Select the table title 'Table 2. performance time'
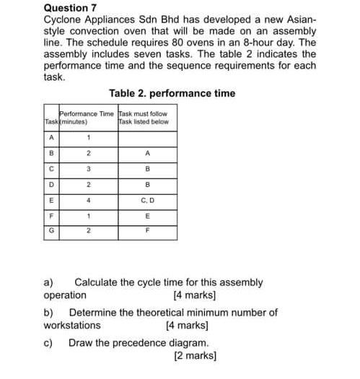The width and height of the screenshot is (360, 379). tap(172, 94)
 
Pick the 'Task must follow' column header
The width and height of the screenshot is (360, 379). tap(144, 114)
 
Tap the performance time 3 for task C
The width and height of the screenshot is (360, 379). tap(88, 168)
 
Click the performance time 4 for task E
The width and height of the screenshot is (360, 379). tap(88, 199)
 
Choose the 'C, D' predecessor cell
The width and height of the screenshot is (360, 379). tap(147, 199)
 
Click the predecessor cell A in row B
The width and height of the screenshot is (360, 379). tap(147, 152)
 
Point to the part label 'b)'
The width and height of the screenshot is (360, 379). tap(49, 313)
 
